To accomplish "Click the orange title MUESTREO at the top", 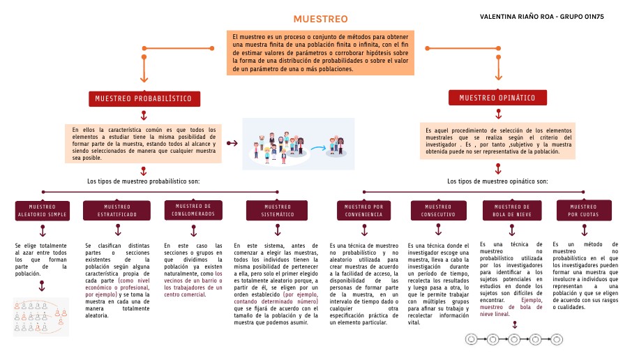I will point(320,19).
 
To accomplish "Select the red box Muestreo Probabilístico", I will point(143,98).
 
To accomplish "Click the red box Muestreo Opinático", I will point(497,98).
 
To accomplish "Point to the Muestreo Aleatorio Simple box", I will point(42,210).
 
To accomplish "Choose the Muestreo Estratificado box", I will point(117,210).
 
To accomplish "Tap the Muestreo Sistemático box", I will point(277,210).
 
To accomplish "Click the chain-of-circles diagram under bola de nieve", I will point(513,338).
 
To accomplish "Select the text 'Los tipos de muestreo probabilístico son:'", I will point(143,181).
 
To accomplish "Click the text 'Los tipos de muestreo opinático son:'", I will point(497,181).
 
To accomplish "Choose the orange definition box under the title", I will point(320,53).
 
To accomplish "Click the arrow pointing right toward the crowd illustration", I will point(232,144).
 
